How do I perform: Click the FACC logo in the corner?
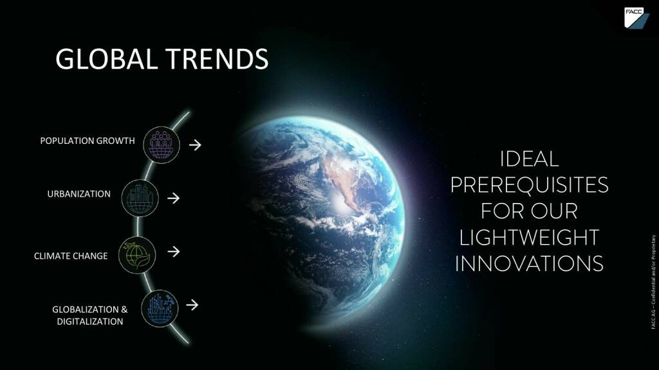point(636,17)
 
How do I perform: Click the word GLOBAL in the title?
point(106,58)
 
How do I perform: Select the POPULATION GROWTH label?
point(88,141)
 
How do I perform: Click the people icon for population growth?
point(162,145)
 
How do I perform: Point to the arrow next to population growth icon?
point(195,145)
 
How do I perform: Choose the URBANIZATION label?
point(79,194)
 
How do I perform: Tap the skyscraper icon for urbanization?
point(140,198)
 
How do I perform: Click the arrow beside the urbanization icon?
point(173,198)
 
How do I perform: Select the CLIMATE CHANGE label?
point(71,256)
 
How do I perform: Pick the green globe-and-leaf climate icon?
point(137,255)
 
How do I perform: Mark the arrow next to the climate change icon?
point(173,251)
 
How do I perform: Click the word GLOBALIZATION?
point(86,310)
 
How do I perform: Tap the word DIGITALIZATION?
point(90,322)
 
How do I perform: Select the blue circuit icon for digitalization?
point(160,308)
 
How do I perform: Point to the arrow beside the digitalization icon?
point(192,305)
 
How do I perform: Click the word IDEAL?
point(529,159)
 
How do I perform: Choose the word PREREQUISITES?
point(529,185)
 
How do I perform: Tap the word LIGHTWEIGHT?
point(529,238)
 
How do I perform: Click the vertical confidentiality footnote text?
point(653,281)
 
